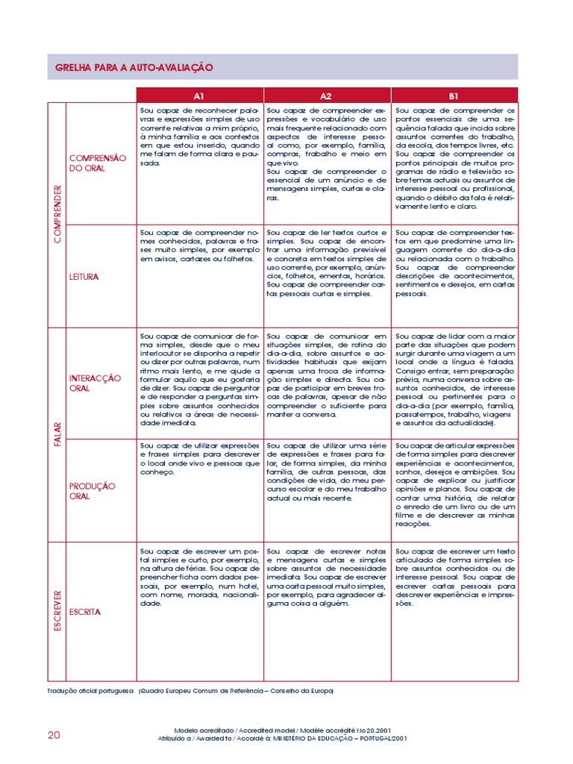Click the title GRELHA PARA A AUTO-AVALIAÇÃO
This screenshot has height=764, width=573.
(134, 67)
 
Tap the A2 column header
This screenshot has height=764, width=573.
(326, 95)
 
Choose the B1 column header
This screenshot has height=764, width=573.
(454, 95)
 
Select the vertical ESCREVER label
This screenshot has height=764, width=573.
(57, 610)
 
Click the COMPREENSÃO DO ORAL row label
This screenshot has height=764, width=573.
(98, 163)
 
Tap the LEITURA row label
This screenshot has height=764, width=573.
(84, 277)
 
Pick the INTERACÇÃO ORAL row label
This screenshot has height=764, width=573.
(95, 383)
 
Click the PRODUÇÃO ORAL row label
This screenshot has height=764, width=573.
(92, 491)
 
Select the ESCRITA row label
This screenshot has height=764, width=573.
(84, 612)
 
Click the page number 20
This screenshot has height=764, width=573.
(54, 735)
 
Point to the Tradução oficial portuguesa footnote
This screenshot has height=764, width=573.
(190, 691)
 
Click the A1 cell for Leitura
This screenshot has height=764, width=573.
(199, 246)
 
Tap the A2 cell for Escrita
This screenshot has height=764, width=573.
(326, 577)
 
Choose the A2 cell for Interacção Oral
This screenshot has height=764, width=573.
(326, 375)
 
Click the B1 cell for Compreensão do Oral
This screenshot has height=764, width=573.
(454, 157)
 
